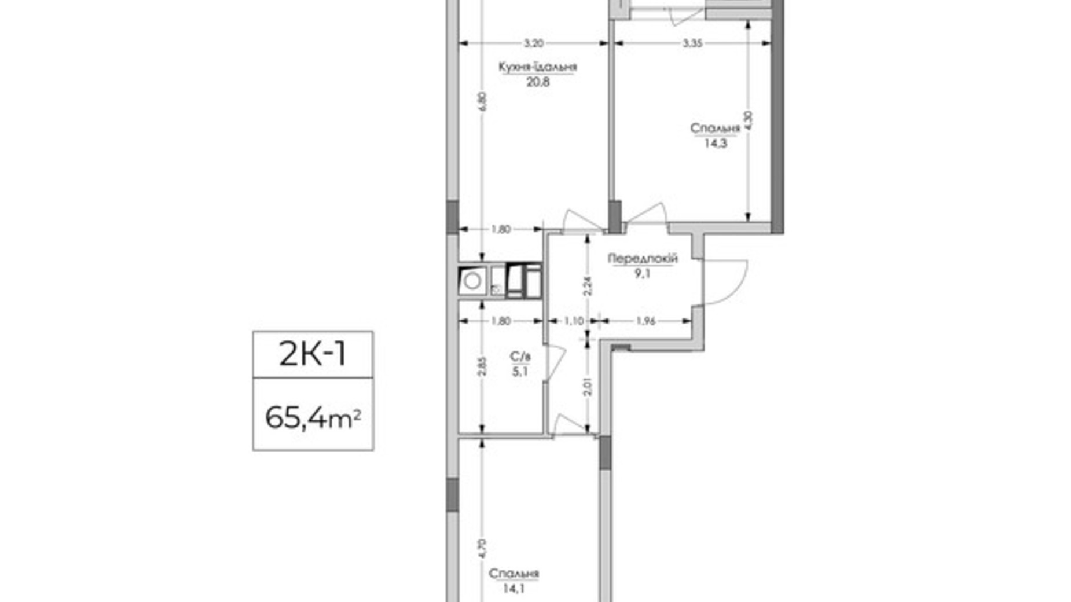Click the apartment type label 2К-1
pyautogui.click(x=313, y=354)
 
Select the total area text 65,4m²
pyautogui.click(x=313, y=417)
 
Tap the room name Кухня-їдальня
pyautogui.click(x=537, y=67)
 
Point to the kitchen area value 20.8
pyautogui.click(x=538, y=82)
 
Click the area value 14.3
pyautogui.click(x=716, y=143)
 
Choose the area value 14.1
pyautogui.click(x=514, y=588)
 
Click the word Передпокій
pyautogui.click(x=642, y=259)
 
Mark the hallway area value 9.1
pyautogui.click(x=643, y=273)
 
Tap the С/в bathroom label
pyautogui.click(x=520, y=357)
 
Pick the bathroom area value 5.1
pyautogui.click(x=520, y=371)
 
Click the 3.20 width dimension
pyautogui.click(x=533, y=43)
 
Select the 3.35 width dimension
pyautogui.click(x=692, y=43)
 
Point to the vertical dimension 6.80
pyautogui.click(x=483, y=102)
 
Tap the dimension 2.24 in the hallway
pyautogui.click(x=588, y=286)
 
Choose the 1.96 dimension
pyautogui.click(x=645, y=321)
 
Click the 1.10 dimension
pyautogui.click(x=574, y=321)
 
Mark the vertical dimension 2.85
pyautogui.click(x=483, y=366)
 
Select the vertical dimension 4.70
pyautogui.click(x=483, y=548)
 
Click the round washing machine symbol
pyautogui.click(x=472, y=281)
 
